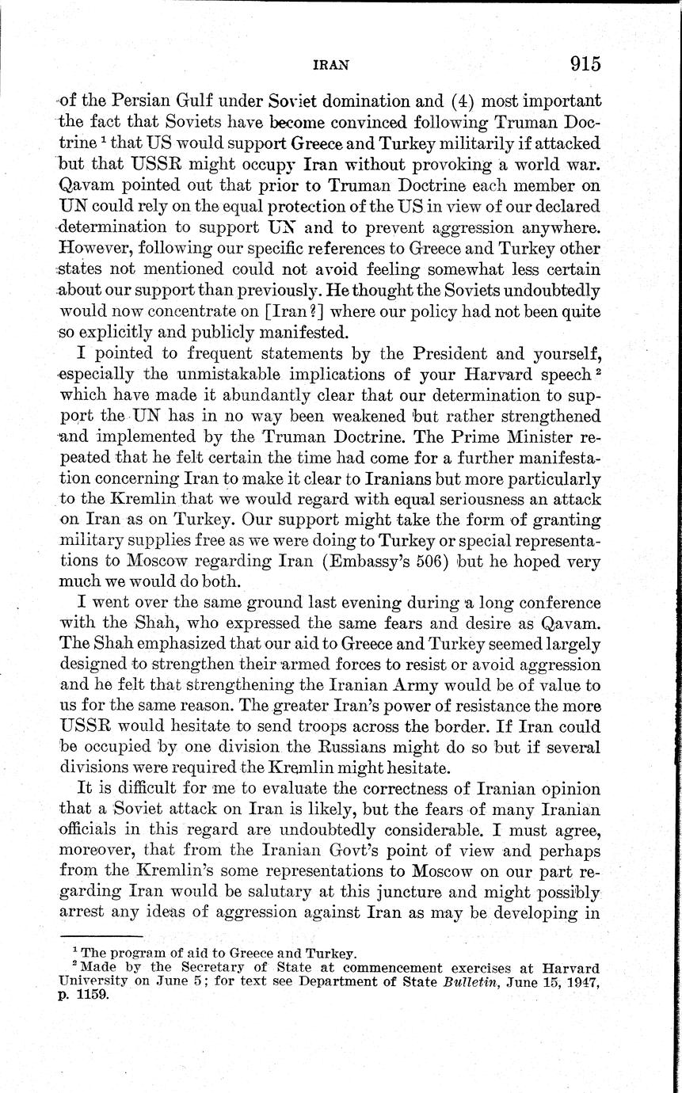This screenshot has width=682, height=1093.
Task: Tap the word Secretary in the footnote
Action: (x=207, y=967)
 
